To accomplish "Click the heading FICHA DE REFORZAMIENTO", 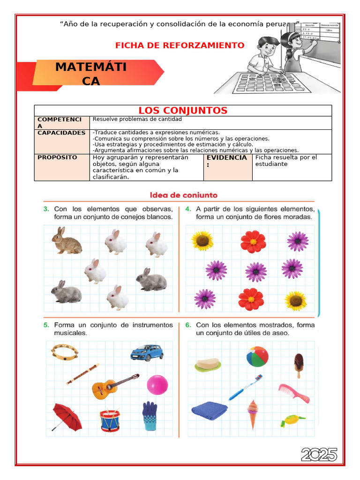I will click(x=180, y=45).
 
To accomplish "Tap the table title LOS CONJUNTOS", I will click(x=183, y=111).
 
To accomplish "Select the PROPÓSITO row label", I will click(x=57, y=157).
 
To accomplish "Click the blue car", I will click(x=146, y=352).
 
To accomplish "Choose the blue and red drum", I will click(x=109, y=420).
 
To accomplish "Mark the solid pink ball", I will click(x=157, y=385).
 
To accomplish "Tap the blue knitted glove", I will click(x=150, y=416).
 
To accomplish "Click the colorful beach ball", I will click(x=257, y=357).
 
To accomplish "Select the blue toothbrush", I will click(x=245, y=387).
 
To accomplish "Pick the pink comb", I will click(x=294, y=393).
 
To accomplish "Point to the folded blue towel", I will click(x=209, y=411).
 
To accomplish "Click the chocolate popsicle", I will click(x=299, y=364).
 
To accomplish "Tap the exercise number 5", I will click(x=46, y=325).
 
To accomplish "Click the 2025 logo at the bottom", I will click(x=319, y=454).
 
